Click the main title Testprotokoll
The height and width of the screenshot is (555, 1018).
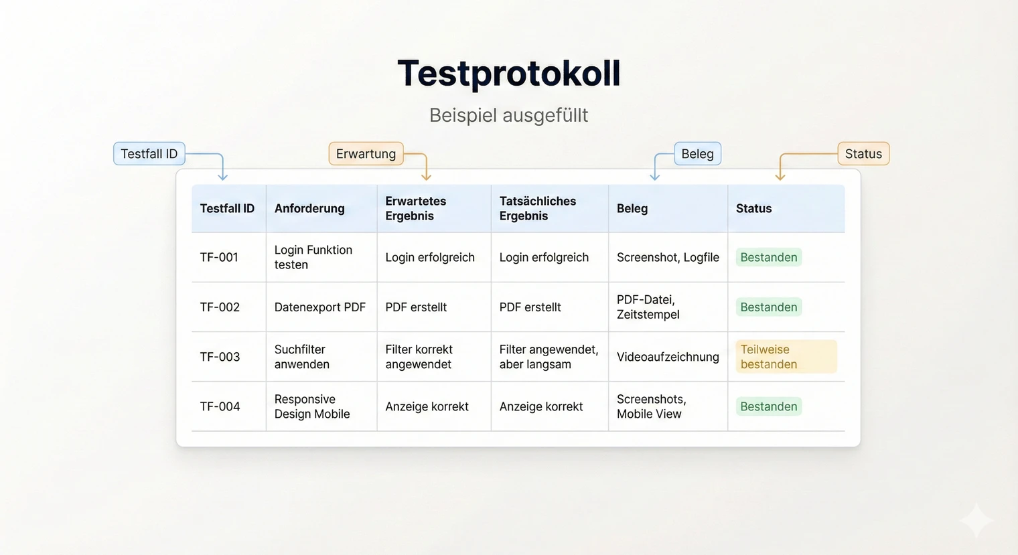click(x=509, y=74)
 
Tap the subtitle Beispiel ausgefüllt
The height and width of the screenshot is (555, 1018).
click(x=509, y=115)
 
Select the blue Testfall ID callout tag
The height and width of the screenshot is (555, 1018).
click(x=149, y=153)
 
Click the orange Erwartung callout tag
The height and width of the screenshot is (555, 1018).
click(x=366, y=153)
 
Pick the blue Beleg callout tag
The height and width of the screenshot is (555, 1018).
click(x=697, y=153)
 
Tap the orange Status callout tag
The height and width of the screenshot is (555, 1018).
click(x=863, y=153)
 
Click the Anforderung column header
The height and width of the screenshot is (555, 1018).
click(x=309, y=208)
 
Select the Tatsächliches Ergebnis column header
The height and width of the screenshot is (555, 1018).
click(x=537, y=208)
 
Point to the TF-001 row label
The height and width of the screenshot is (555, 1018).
click(x=219, y=257)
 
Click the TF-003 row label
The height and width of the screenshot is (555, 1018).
click(x=220, y=357)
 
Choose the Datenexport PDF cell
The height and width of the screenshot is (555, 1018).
click(x=320, y=307)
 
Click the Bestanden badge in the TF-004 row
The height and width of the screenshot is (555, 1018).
click(x=769, y=406)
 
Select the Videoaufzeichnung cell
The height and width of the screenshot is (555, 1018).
click(x=668, y=357)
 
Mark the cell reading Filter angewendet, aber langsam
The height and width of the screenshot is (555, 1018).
click(x=549, y=357)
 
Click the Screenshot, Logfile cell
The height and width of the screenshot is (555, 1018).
click(x=668, y=257)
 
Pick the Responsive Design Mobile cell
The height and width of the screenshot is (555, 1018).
click(x=312, y=406)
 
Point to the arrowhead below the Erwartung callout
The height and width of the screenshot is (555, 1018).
click(x=426, y=177)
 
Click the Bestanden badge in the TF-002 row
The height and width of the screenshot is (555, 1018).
click(x=769, y=307)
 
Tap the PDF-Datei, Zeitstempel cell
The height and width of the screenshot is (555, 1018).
click(x=648, y=307)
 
